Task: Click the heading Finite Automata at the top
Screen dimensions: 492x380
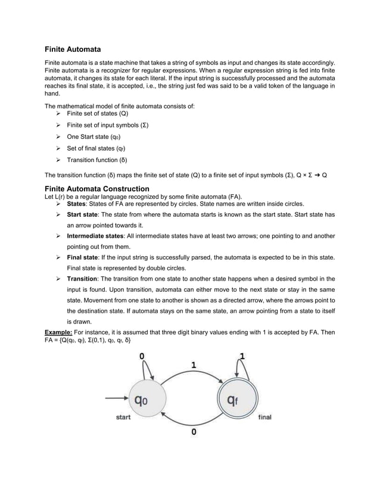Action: [73, 48]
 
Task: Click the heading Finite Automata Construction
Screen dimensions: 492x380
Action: [98, 189]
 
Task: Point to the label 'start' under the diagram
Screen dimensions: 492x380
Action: [123, 418]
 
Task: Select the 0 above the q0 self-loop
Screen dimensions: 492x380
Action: [142, 356]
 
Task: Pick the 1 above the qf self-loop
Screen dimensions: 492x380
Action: [242, 356]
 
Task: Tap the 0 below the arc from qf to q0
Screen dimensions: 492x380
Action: [193, 432]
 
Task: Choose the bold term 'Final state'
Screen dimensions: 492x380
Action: [84, 257]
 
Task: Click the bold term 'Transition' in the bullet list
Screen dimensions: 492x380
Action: [82, 279]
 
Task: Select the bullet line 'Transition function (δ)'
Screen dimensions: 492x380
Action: [97, 160]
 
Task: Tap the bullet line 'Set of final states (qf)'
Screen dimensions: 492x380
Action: [96, 148]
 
